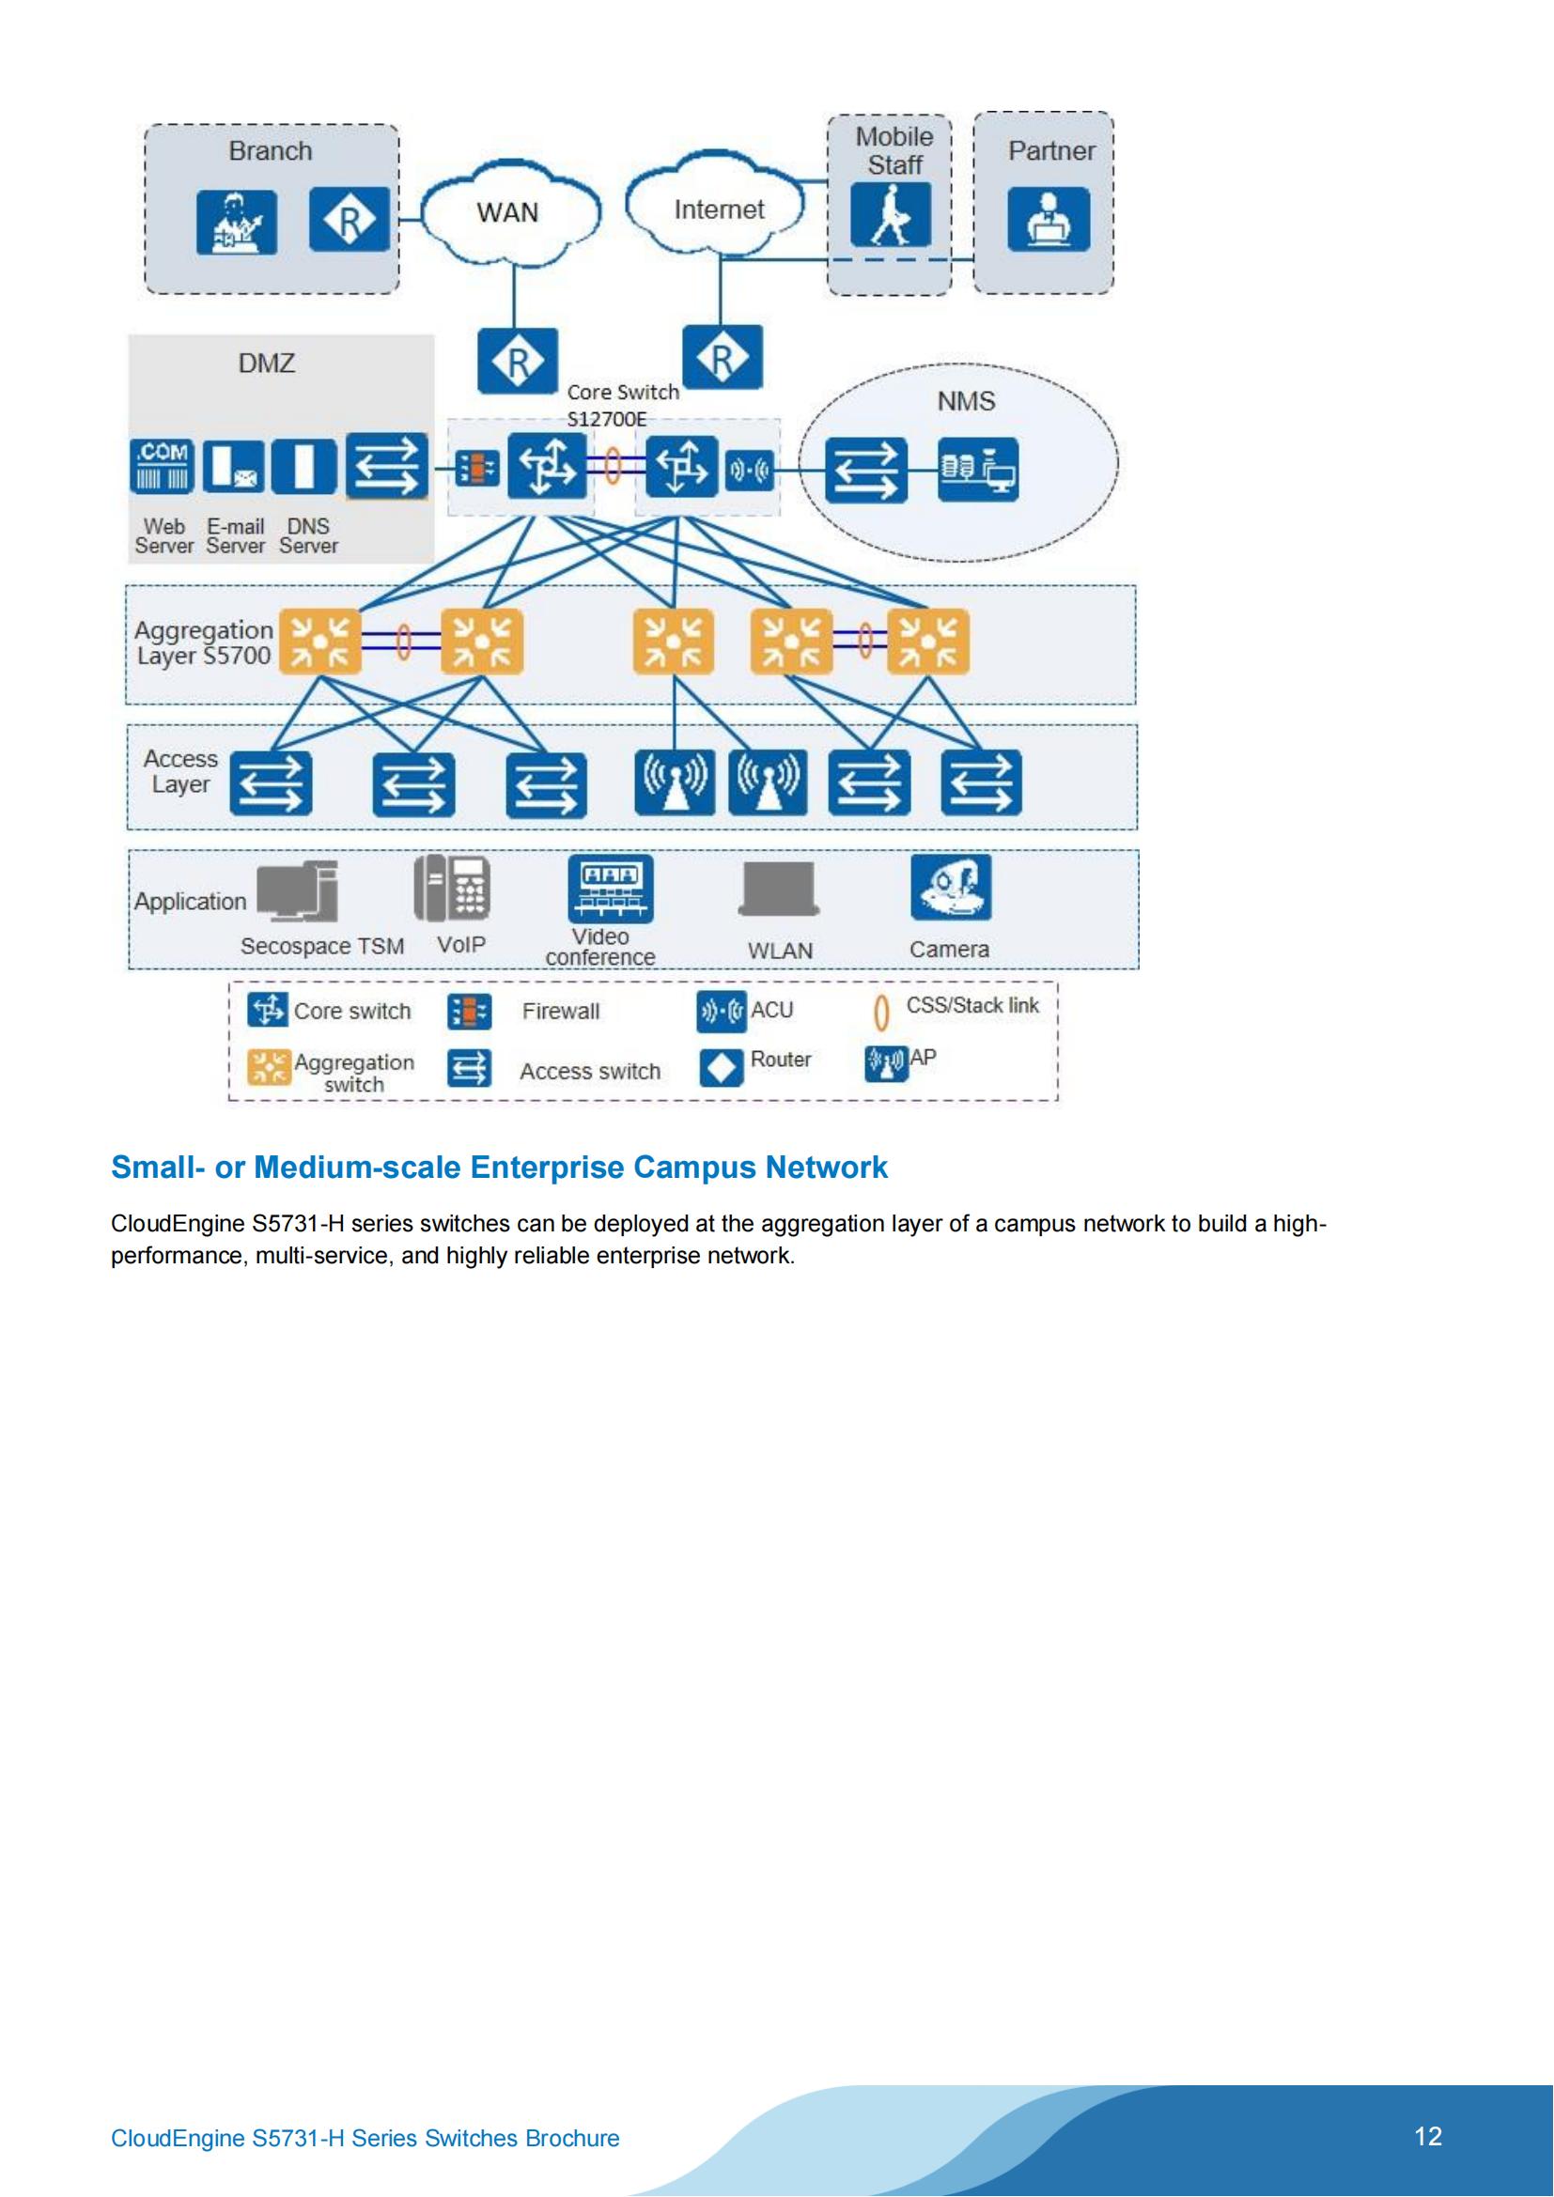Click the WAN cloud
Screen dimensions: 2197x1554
[x=509, y=212]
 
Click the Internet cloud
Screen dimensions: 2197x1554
[x=718, y=209]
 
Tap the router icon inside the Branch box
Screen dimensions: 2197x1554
[x=350, y=220]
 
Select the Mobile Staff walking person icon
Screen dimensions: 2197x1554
[x=890, y=215]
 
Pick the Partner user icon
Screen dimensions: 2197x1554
[x=1048, y=219]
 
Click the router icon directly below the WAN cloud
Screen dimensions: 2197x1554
[x=518, y=362]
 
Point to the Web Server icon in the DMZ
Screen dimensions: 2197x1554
[x=162, y=466]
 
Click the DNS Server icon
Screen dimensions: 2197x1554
[x=303, y=466]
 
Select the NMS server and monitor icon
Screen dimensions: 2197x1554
[x=978, y=469]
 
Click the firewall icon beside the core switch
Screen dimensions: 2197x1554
[x=476, y=469]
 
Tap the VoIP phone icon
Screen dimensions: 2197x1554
[x=453, y=888]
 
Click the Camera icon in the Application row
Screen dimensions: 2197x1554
[x=950, y=887]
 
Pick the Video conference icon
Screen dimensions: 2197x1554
[x=611, y=888]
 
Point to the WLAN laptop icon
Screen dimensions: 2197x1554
[x=779, y=889]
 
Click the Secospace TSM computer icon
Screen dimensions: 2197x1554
[x=299, y=890]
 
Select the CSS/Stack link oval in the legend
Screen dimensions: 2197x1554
[x=881, y=1013]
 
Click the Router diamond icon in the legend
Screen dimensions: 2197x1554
[x=721, y=1068]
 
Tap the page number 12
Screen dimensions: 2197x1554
[x=1427, y=2136]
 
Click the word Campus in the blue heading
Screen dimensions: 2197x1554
[x=693, y=1168]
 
